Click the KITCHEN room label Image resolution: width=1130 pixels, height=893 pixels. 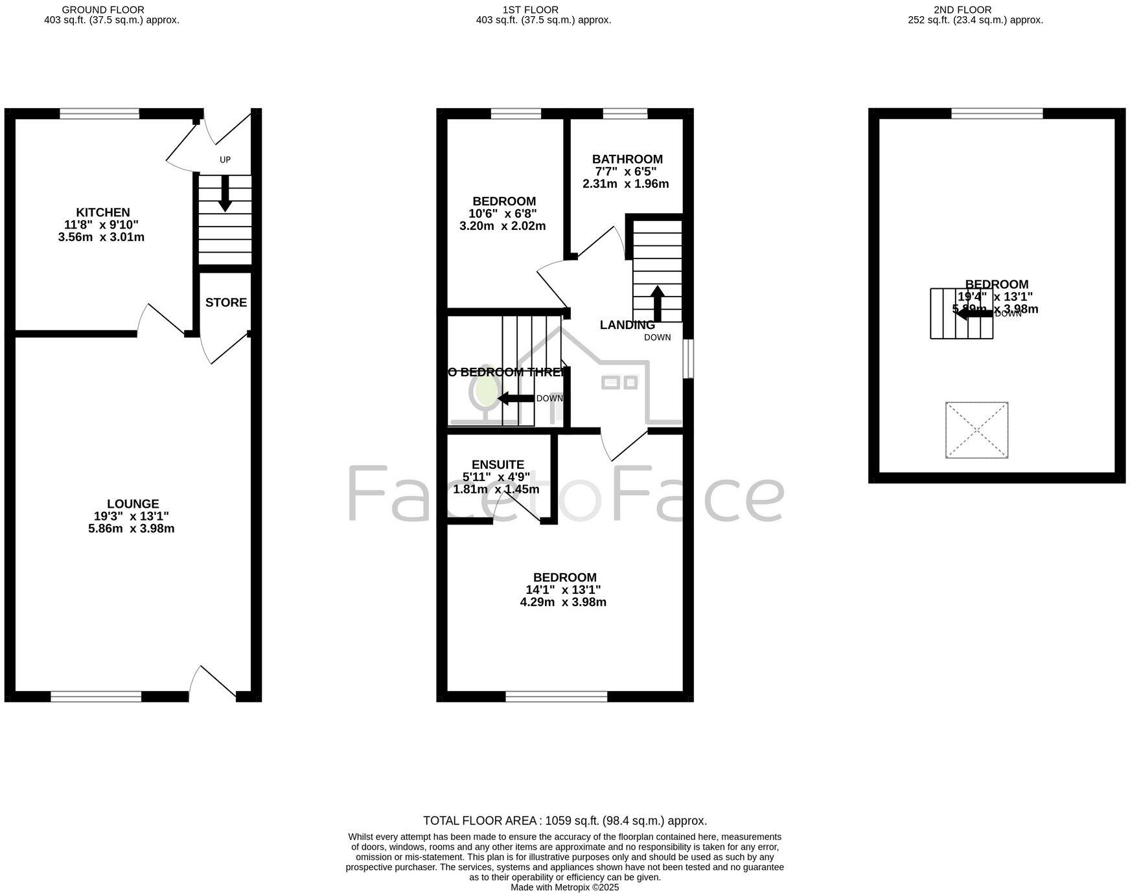pyautogui.click(x=103, y=212)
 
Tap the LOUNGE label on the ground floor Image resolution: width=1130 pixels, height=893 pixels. pyautogui.click(x=133, y=504)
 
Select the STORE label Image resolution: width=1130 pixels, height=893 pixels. pyautogui.click(x=226, y=302)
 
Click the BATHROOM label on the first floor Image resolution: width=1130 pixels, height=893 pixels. pyautogui.click(x=627, y=159)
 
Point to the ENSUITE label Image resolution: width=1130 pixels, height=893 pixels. pyautogui.click(x=498, y=464)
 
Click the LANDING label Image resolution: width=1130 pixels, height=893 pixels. pyautogui.click(x=627, y=325)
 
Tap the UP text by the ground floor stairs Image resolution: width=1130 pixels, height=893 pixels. pyautogui.click(x=225, y=159)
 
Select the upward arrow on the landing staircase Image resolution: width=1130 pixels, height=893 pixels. pyautogui.click(x=657, y=303)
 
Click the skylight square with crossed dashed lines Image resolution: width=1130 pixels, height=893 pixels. pyautogui.click(x=976, y=430)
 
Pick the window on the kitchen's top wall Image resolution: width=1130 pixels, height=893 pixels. pyautogui.click(x=99, y=114)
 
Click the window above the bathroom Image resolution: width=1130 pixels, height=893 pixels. pyautogui.click(x=625, y=114)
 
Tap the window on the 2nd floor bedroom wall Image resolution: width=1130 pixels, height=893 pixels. pyautogui.click(x=997, y=114)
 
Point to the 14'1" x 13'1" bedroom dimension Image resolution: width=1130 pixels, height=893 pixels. pyautogui.click(x=563, y=590)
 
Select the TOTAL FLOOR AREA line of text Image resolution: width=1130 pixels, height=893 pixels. pyautogui.click(x=564, y=820)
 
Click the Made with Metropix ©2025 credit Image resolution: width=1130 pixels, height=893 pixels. pyautogui.click(x=564, y=887)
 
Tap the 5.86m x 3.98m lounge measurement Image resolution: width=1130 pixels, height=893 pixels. pyautogui.click(x=132, y=528)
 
